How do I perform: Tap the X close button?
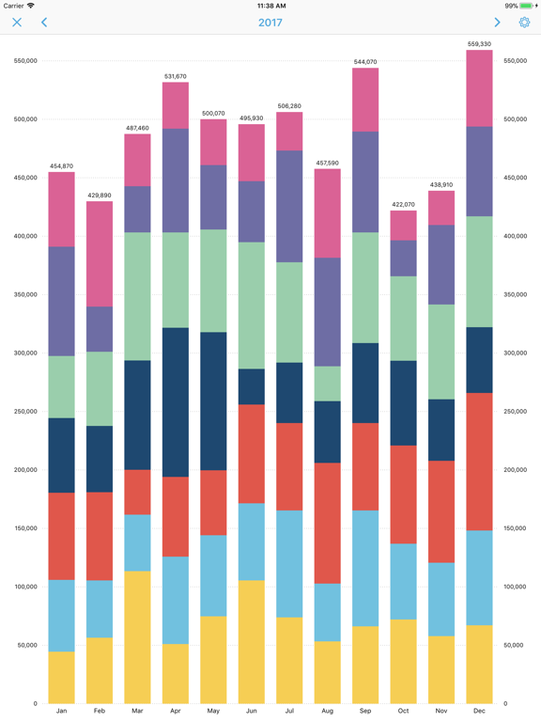tap(17, 23)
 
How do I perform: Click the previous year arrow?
tap(44, 23)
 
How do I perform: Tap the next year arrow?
tap(497, 23)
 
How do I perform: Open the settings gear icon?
tap(524, 23)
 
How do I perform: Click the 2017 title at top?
tap(270, 23)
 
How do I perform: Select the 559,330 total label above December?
tap(479, 43)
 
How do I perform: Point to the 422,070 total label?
tap(403, 204)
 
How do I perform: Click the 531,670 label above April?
tap(175, 76)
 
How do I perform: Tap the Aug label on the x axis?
tap(327, 712)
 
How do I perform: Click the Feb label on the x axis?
tap(100, 712)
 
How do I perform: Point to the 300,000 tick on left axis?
tap(25, 353)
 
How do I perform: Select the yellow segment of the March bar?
tap(137, 636)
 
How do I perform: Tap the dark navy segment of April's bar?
tap(175, 402)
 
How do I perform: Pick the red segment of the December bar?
tap(479, 462)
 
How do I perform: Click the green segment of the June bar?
tap(251, 306)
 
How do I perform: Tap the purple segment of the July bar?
tap(289, 206)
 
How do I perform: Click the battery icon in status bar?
tap(528, 6)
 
